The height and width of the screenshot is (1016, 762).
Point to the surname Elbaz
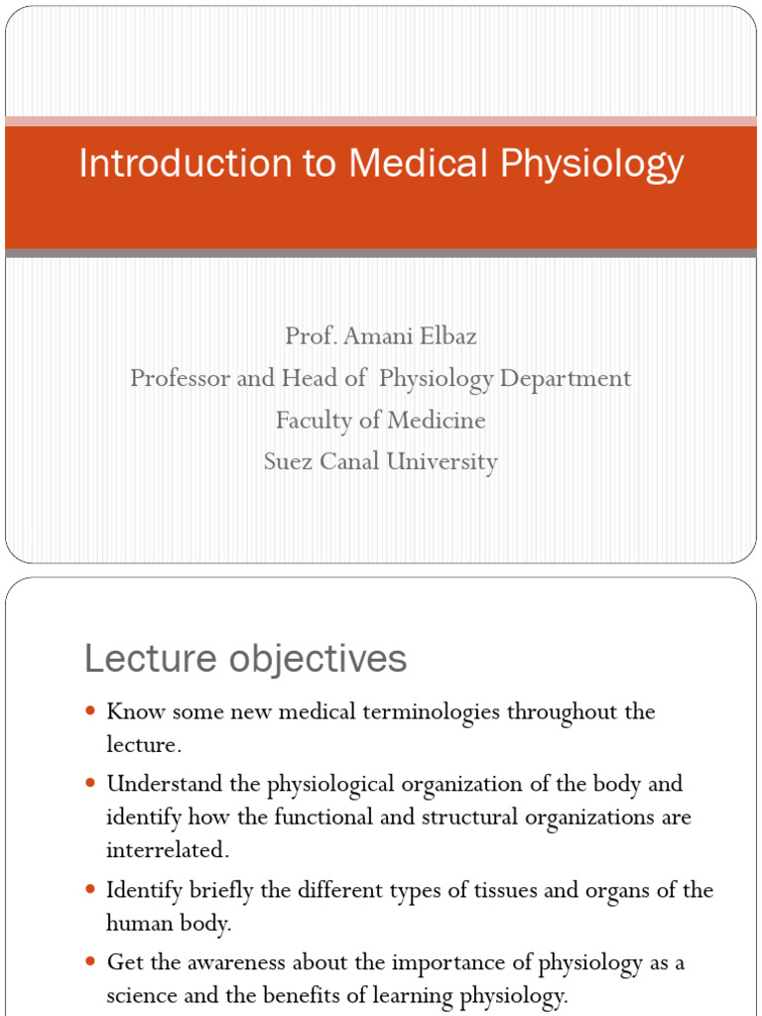446,336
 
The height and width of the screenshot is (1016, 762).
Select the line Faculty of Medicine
381,420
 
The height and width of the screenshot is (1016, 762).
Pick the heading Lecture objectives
245,658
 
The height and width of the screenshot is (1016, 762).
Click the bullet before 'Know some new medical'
91,711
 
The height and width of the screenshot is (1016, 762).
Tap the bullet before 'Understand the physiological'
91,784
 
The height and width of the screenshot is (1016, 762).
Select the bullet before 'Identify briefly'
91,890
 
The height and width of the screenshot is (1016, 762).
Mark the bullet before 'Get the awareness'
91,961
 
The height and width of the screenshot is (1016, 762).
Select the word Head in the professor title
311,378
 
